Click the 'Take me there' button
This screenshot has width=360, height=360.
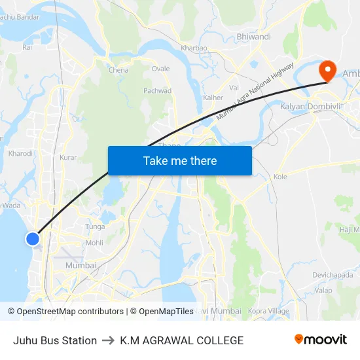[x=180, y=160]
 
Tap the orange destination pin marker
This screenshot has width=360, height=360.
[x=326, y=71]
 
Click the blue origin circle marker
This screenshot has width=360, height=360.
[x=33, y=239]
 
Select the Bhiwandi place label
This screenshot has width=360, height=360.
[x=253, y=37]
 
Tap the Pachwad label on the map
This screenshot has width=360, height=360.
[x=158, y=91]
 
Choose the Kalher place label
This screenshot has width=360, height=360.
[x=213, y=98]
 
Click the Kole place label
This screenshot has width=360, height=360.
[x=280, y=177]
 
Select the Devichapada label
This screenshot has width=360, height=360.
[x=333, y=274]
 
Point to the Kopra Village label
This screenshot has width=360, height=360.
[x=270, y=311]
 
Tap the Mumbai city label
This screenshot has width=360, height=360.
[x=81, y=265]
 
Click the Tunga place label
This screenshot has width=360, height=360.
[x=95, y=226]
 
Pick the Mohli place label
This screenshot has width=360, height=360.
[x=94, y=242]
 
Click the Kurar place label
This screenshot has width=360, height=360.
[x=68, y=157]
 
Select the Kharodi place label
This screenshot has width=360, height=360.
[x=20, y=153]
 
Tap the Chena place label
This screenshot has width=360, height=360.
[x=118, y=70]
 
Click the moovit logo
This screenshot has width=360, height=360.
[x=320, y=340]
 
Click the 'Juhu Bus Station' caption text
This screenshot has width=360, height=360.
[x=55, y=340]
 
